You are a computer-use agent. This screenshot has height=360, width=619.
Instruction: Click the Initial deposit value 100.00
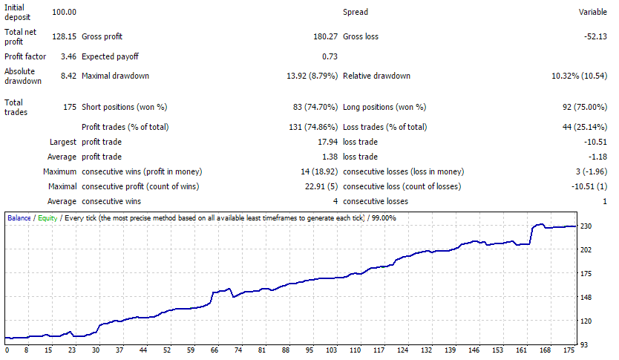pos(64,12)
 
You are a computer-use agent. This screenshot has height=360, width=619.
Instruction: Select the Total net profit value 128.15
pos(64,36)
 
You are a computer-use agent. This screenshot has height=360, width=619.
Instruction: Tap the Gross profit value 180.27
pos(326,36)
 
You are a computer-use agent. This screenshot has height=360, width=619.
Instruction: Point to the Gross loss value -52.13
pos(595,36)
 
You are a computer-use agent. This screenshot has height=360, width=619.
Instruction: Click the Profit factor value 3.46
pos(68,56)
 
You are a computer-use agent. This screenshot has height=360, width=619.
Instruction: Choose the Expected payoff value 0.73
pos(330,56)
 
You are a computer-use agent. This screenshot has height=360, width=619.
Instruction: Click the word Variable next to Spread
pos(592,12)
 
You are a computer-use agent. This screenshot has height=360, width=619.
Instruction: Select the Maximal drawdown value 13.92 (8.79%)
pos(312,76)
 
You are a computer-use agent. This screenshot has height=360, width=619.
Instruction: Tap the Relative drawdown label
pos(376,76)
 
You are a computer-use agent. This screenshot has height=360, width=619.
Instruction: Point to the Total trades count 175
pos(70,107)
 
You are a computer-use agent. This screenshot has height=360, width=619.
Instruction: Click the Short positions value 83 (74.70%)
pos(315,107)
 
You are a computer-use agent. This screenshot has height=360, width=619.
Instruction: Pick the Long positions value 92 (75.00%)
pos(585,107)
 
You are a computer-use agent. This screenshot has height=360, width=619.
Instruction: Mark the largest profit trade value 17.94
pos(327,142)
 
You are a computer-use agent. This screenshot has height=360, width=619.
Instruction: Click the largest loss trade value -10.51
pos(596,142)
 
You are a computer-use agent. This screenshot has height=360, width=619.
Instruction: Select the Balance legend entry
pos(19,218)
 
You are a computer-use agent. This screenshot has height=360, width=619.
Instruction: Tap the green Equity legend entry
pos(48,218)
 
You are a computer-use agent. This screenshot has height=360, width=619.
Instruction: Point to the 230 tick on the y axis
pos(586,226)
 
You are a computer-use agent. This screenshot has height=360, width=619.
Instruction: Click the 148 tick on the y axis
pos(586,297)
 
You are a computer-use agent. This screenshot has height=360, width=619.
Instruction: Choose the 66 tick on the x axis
pos(214,350)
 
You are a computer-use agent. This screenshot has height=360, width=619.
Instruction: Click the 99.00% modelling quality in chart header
pos(383,218)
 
